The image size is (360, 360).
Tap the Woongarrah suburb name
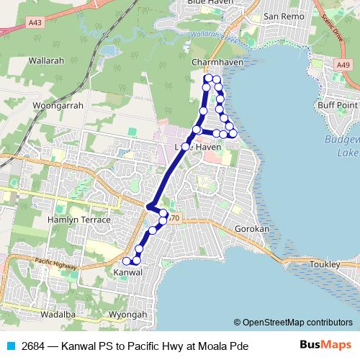[58, 105]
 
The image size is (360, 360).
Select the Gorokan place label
[252, 229]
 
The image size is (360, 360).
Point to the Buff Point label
[338, 105]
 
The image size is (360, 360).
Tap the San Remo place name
[281, 16]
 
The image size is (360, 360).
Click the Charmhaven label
[214, 63]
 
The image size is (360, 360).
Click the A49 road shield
[343, 65]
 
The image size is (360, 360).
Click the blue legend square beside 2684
[9, 346]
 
